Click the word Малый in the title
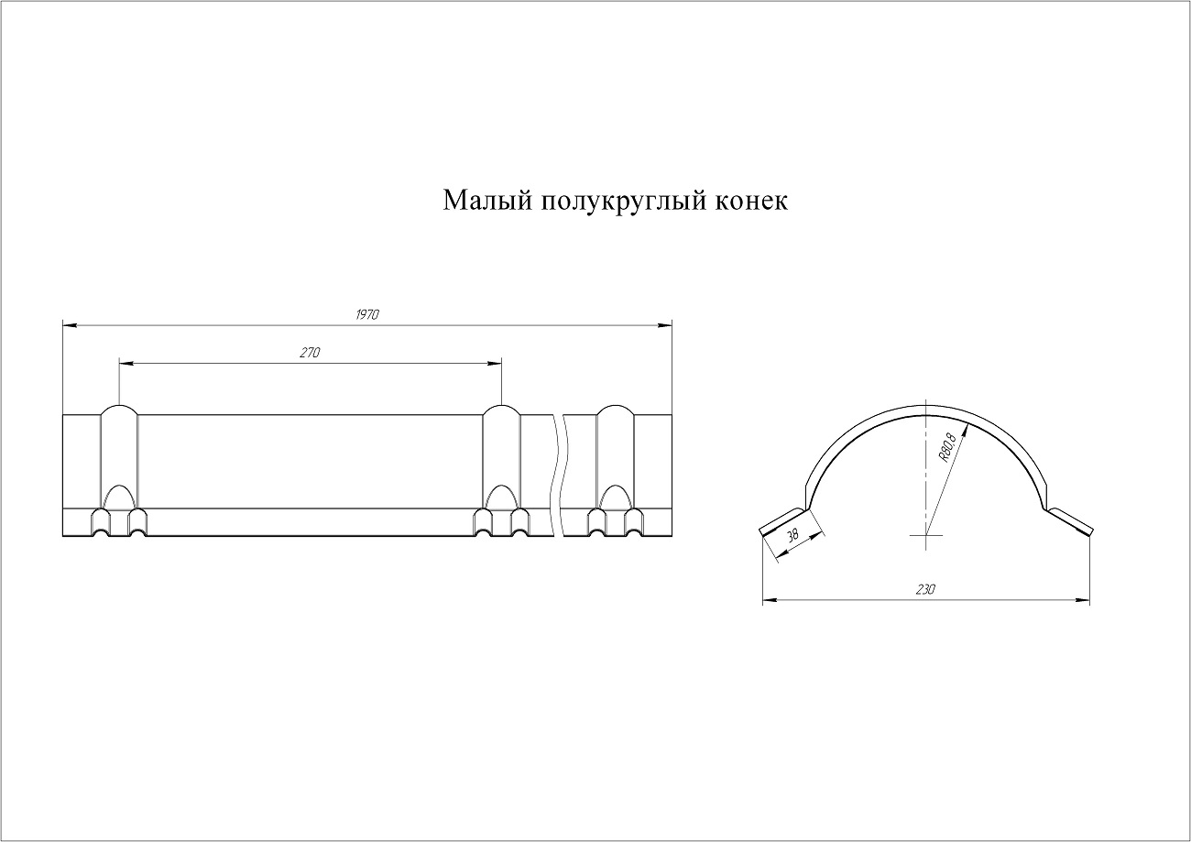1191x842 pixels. point(487,202)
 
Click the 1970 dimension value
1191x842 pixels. point(366,314)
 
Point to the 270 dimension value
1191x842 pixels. point(310,353)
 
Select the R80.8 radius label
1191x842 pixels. point(947,448)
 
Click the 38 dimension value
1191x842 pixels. point(792,535)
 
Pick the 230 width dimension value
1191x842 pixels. point(925,589)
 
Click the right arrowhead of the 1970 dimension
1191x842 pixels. point(665,325)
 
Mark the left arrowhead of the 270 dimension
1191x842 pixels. point(126,363)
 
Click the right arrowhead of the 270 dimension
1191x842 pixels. point(495,363)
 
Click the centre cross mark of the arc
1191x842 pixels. point(925,534)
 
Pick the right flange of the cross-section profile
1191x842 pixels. point(1069,521)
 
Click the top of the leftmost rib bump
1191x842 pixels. point(119,406)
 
